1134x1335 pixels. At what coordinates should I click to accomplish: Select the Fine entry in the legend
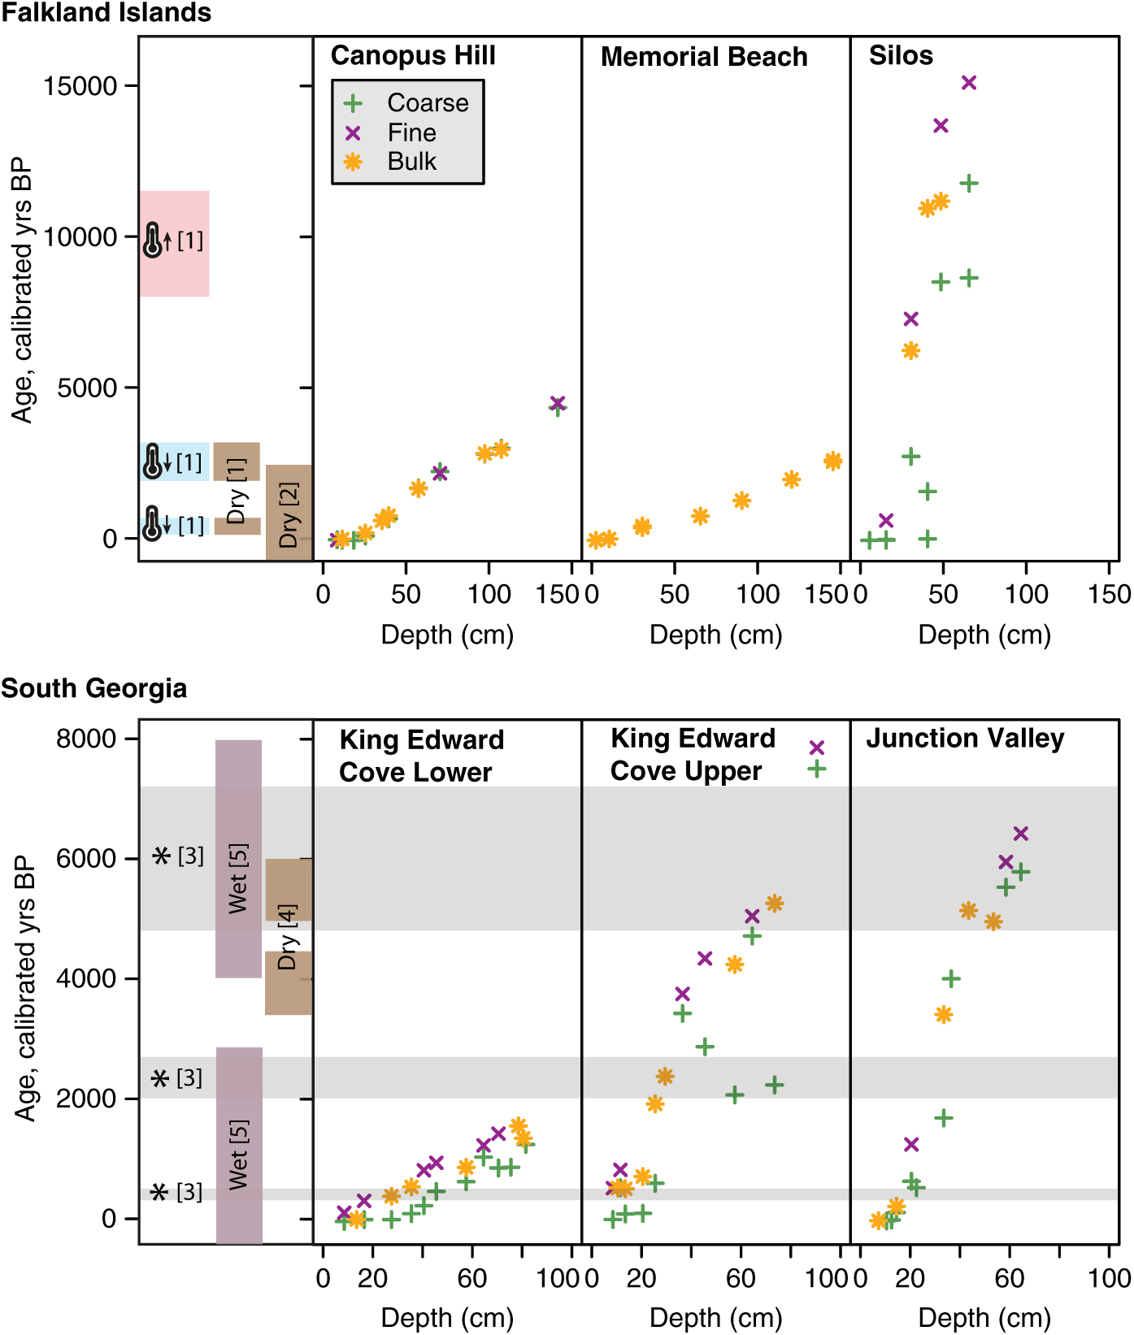click(411, 132)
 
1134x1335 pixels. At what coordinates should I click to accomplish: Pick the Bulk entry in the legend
click(411, 162)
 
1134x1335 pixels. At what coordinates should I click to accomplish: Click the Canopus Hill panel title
click(413, 56)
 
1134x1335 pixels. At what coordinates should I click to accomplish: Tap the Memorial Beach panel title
click(704, 57)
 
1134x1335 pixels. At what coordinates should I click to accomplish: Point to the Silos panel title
click(901, 56)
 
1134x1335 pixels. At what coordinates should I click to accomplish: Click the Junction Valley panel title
click(965, 739)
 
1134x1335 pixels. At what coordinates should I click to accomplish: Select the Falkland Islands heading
click(106, 13)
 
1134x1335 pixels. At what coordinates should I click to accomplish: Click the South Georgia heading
click(94, 689)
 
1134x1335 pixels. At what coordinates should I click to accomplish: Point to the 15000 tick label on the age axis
click(80, 86)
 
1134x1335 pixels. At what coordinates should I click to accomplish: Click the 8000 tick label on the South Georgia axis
click(86, 739)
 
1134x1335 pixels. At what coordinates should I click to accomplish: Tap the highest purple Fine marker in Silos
click(969, 83)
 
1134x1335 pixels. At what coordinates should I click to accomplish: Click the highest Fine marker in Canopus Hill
click(558, 403)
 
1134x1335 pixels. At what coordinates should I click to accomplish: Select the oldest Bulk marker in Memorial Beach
click(832, 461)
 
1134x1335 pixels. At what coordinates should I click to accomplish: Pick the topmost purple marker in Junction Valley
click(1021, 834)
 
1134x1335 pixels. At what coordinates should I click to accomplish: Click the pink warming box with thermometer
click(174, 243)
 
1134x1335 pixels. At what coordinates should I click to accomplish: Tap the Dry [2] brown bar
click(289, 513)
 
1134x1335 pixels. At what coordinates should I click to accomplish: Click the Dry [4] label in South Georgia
click(288, 938)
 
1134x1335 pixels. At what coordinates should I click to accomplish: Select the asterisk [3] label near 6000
click(179, 856)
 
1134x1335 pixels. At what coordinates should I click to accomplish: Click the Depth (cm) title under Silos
click(984, 635)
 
